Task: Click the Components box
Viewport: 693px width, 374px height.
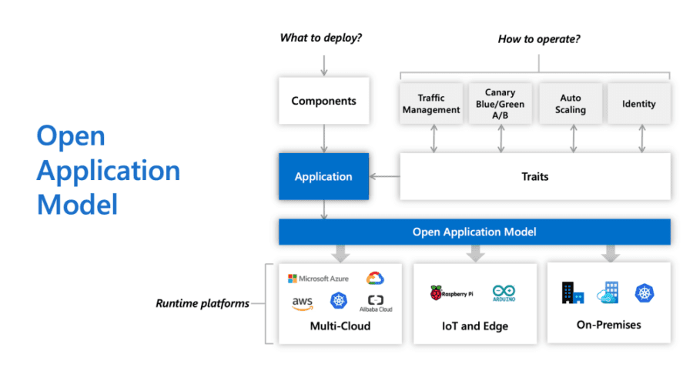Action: pos(323,101)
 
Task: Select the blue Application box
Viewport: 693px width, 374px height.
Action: pos(323,177)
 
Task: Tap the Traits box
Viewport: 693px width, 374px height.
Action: pos(534,177)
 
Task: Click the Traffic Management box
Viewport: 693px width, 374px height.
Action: pos(431,104)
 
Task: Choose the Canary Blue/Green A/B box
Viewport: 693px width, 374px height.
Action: pos(500,104)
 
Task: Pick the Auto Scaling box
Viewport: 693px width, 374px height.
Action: pos(571,104)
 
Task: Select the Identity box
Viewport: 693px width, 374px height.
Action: pos(639,104)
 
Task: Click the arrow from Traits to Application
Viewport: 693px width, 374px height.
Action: pos(384,177)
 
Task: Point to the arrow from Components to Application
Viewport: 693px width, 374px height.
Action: pos(323,139)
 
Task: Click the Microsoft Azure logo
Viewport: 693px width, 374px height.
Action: pos(319,279)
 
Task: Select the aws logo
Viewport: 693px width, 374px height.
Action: pos(302,303)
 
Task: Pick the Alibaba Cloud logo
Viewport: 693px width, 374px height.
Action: pos(376,303)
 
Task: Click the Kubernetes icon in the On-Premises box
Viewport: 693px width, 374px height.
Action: pos(645,292)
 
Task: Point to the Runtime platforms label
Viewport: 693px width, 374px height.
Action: pos(203,303)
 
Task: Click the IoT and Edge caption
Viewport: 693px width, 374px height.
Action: pos(475,326)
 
